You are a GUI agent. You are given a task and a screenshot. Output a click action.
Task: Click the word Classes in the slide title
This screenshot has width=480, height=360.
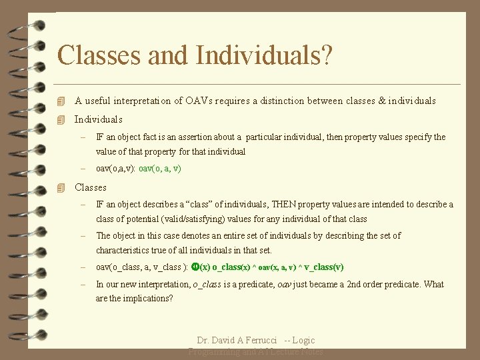(100, 55)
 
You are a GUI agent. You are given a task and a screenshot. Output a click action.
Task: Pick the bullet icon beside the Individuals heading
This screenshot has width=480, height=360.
(61, 120)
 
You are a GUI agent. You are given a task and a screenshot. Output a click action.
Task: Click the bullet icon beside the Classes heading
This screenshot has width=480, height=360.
(61, 188)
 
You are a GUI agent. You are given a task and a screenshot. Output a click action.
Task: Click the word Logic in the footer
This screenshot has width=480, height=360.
(303, 341)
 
